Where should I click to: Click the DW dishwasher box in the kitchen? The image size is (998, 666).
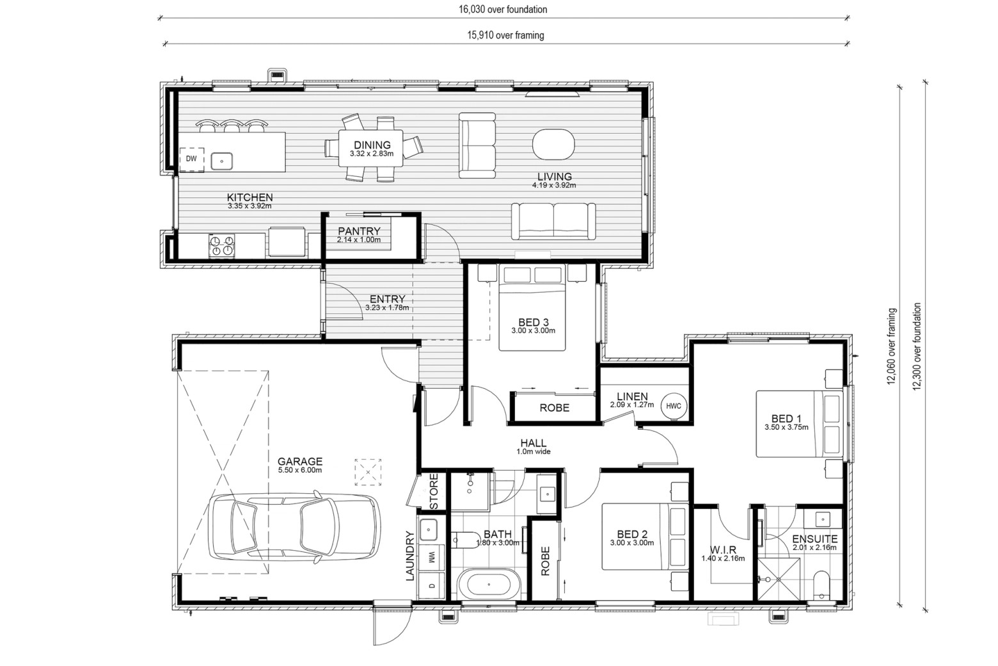tap(191, 159)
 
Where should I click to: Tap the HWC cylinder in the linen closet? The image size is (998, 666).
tap(673, 406)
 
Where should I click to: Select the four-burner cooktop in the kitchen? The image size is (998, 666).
tap(222, 245)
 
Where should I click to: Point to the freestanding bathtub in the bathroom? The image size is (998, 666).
tap(489, 584)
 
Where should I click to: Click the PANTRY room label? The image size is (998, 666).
tap(359, 231)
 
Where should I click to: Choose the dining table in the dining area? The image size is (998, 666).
tap(370, 148)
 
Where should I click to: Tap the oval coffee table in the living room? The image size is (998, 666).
tap(553, 144)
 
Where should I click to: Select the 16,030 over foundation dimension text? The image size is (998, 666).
tap(503, 10)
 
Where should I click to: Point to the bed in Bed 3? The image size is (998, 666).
tap(532, 308)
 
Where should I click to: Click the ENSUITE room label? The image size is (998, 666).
tap(815, 539)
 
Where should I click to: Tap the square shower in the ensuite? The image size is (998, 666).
tap(779, 580)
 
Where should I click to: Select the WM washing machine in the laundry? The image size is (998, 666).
tap(431, 557)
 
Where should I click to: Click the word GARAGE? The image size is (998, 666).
tap(300, 461)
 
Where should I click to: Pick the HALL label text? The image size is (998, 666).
tap(534, 443)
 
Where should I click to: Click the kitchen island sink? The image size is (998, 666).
tap(221, 161)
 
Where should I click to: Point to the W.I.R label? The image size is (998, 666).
tap(723, 550)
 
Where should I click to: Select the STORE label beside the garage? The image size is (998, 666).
tap(434, 492)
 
